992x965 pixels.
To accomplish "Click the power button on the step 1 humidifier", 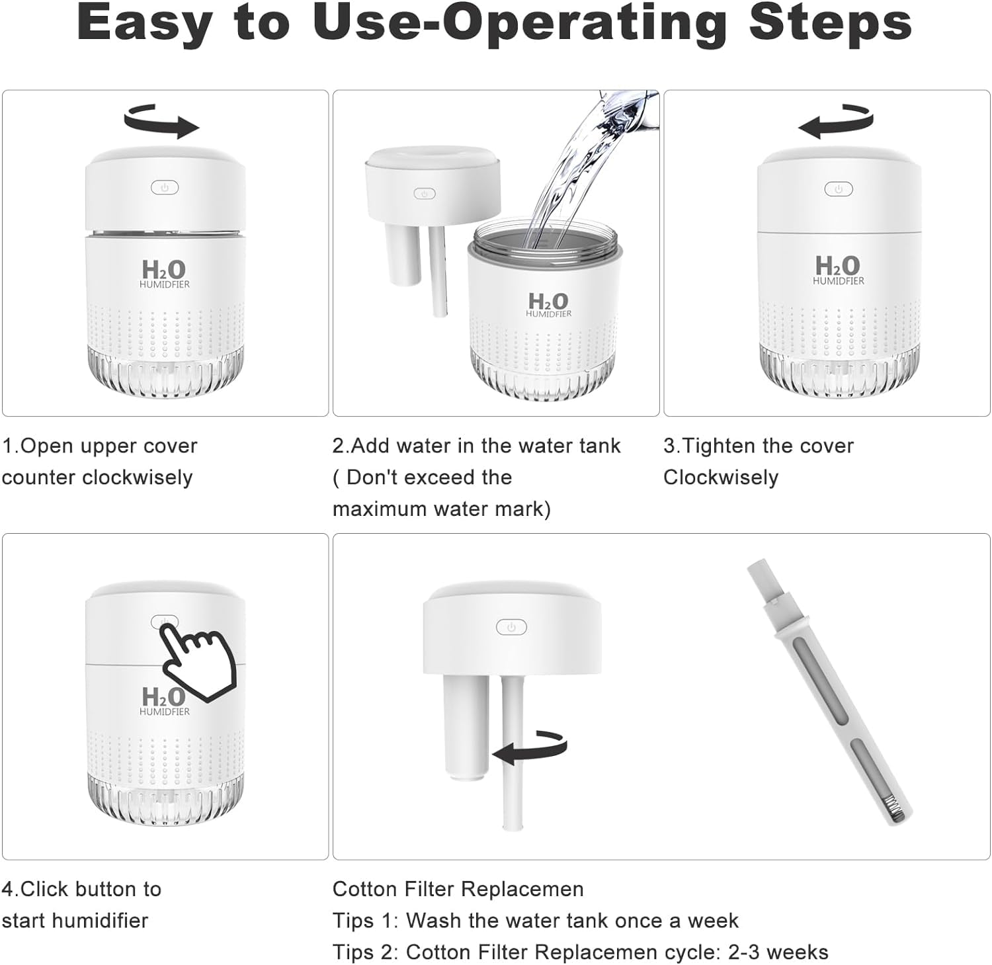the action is [165, 188].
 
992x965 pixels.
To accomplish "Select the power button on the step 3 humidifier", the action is [839, 189].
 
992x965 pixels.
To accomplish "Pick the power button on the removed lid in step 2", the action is [424, 194].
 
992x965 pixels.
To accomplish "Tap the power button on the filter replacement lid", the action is [511, 627].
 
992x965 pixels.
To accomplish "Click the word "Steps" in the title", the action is [830, 22].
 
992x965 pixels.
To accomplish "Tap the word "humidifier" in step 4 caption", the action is [95, 920].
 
